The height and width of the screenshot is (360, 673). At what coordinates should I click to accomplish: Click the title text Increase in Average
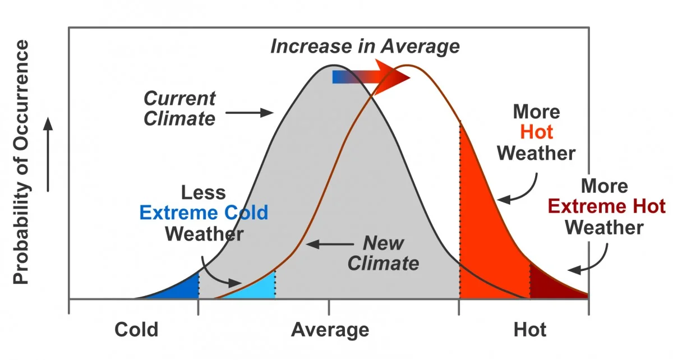tap(365, 46)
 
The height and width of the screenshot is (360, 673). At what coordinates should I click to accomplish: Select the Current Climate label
tap(179, 108)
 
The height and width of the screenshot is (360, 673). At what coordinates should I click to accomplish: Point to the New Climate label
tap(383, 253)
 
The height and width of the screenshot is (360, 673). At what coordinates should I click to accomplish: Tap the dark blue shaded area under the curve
tap(182, 288)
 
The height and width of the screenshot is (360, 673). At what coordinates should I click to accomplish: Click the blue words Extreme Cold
tap(204, 213)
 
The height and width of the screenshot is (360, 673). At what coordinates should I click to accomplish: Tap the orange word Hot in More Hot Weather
tap(536, 132)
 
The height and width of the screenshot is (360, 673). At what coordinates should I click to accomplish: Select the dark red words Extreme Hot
tap(606, 206)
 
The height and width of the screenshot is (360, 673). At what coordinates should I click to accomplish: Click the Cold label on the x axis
tap(136, 330)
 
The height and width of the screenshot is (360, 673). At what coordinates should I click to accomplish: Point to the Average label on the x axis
tap(330, 330)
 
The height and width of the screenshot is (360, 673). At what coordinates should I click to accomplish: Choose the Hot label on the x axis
tap(529, 330)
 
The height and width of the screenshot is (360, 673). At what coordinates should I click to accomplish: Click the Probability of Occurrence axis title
tap(21, 163)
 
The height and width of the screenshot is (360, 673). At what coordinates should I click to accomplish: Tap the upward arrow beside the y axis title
tap(49, 154)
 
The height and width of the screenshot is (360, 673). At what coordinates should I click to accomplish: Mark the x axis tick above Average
tap(329, 307)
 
